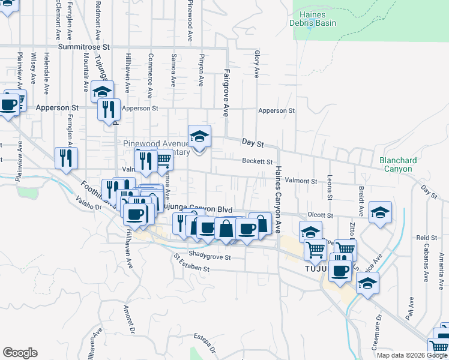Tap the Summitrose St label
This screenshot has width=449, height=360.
pos(85,46)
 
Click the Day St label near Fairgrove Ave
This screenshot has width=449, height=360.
pos(253,142)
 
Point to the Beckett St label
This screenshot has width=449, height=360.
pos(258,161)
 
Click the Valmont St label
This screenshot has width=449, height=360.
pos(300,181)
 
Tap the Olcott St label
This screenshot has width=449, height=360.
pos(320,215)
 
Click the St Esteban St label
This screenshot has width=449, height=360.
pos(191,263)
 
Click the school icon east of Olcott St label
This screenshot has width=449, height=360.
pos(379,212)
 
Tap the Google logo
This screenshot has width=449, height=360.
pos(20,353)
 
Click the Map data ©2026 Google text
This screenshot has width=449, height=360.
pos(411,355)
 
